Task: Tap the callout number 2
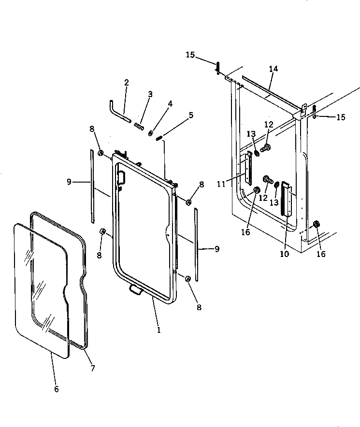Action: (126, 83)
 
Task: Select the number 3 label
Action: (150, 95)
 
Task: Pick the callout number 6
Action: (56, 389)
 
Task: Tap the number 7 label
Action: (92, 368)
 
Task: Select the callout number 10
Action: (284, 254)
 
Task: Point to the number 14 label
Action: (274, 69)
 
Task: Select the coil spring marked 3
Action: (139, 127)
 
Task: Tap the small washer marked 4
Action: (152, 133)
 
